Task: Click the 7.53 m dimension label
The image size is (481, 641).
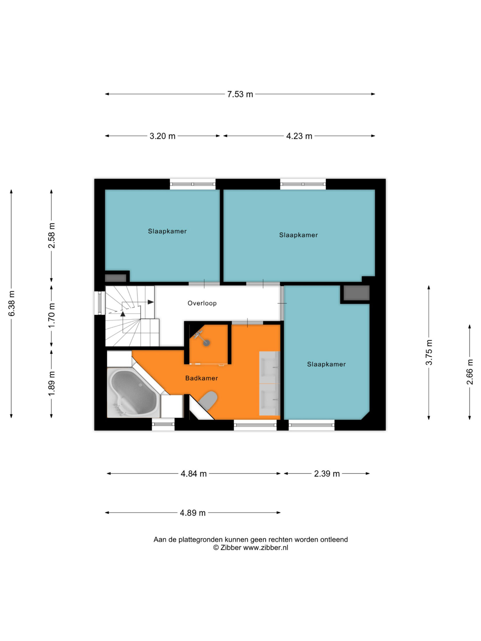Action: click(240, 94)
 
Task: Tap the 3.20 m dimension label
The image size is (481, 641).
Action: click(162, 136)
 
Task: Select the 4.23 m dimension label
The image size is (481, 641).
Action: click(299, 136)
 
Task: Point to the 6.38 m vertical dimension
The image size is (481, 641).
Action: click(11, 303)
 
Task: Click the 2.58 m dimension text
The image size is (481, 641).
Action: click(52, 235)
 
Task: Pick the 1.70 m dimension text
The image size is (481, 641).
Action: click(52, 315)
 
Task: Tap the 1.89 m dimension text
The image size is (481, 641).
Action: click(52, 384)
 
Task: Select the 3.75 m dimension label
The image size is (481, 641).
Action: click(429, 352)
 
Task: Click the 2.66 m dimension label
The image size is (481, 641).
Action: click(470, 372)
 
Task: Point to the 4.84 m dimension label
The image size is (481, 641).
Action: click(194, 474)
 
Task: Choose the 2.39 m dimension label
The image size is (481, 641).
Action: click(327, 474)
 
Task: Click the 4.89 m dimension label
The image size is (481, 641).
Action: click(193, 513)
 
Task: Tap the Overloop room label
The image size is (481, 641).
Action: click(202, 303)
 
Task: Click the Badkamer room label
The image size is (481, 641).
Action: click(202, 378)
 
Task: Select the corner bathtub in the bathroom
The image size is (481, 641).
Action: click(134, 392)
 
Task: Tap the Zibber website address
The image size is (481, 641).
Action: click(266, 547)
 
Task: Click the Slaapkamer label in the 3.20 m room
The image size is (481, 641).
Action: click(167, 231)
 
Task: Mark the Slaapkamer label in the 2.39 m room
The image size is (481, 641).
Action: click(326, 364)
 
